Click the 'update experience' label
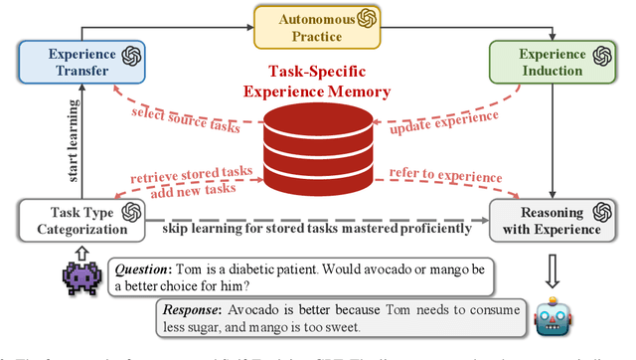click(444, 121)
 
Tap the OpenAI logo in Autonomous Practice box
click(368, 19)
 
